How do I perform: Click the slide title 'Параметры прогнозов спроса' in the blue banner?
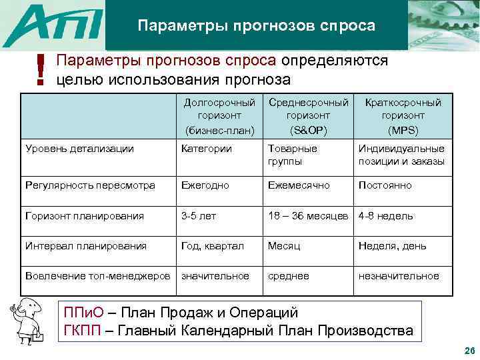(257, 26)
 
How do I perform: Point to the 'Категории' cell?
(207, 149)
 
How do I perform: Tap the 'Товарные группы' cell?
(293, 155)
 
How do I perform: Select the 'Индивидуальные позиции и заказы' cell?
(401, 155)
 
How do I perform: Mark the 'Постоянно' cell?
(385, 185)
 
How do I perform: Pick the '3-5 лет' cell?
(199, 216)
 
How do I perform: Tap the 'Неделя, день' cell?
(392, 246)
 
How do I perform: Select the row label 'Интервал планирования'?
(85, 246)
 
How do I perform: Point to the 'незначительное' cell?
(399, 276)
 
